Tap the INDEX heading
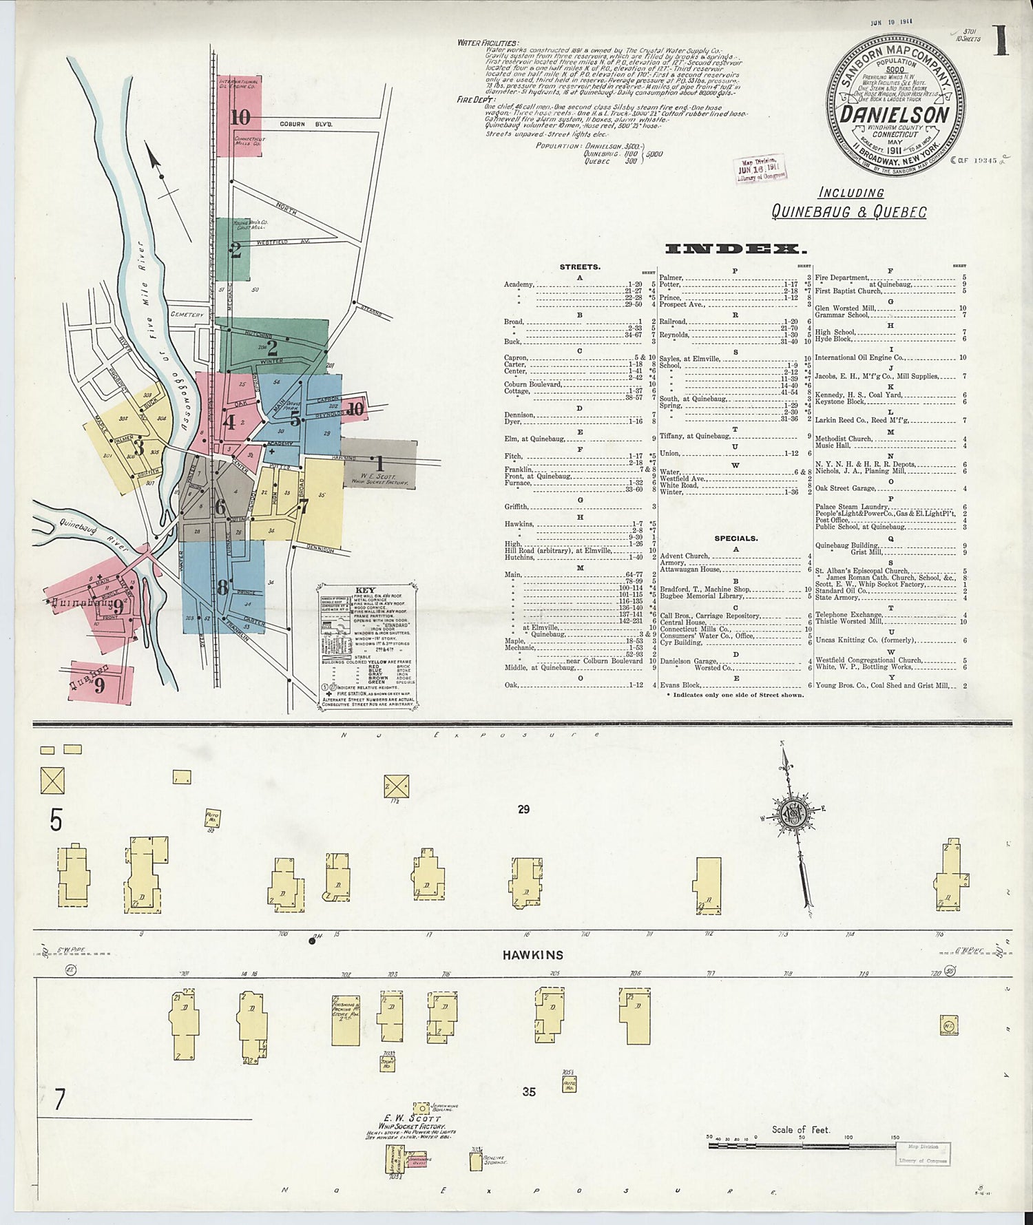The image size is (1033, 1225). (x=735, y=249)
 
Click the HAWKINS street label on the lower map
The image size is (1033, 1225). (x=532, y=955)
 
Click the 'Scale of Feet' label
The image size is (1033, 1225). (x=800, y=1129)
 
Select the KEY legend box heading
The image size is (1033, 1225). (x=365, y=590)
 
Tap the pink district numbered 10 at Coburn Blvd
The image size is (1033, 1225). (x=240, y=117)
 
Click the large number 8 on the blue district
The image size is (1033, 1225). (x=222, y=587)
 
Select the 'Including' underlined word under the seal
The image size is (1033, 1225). (x=851, y=193)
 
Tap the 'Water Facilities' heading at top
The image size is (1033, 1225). (x=488, y=43)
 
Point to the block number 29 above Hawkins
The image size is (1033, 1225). (x=523, y=809)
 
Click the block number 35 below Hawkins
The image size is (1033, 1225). (x=528, y=1091)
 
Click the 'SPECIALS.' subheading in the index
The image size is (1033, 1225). (x=735, y=538)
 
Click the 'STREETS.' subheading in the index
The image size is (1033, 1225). (x=579, y=266)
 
